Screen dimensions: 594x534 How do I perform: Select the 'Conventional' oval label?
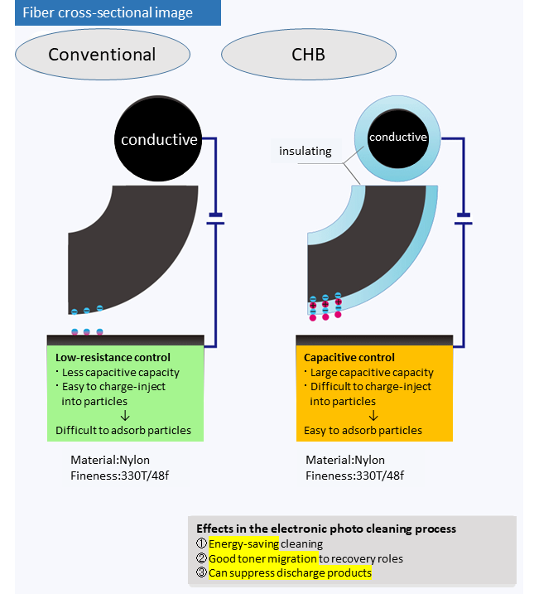102,56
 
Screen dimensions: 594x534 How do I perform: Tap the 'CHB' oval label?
308,56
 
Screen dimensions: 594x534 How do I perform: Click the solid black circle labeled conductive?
158,139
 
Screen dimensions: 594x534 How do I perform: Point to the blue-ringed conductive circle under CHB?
397,137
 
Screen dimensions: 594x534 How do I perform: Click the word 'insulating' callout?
305,151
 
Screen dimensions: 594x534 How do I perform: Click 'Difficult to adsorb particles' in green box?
123,430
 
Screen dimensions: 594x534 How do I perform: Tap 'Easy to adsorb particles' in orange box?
363,430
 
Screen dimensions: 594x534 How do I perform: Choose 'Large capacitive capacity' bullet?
370,372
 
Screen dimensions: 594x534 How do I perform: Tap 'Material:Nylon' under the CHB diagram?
345,460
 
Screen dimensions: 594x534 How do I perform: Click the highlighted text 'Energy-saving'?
243,543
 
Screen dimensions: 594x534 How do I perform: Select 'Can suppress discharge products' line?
290,572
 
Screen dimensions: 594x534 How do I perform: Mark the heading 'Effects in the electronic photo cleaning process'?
326,529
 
